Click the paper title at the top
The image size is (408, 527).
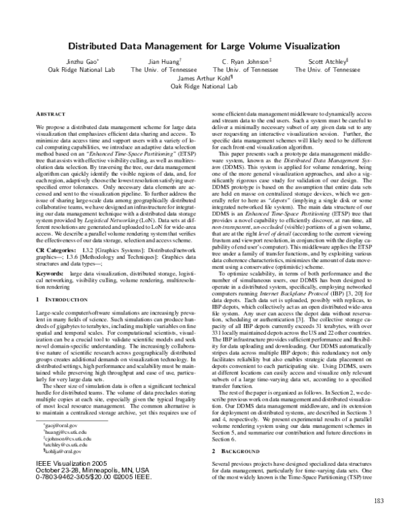[204, 46]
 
